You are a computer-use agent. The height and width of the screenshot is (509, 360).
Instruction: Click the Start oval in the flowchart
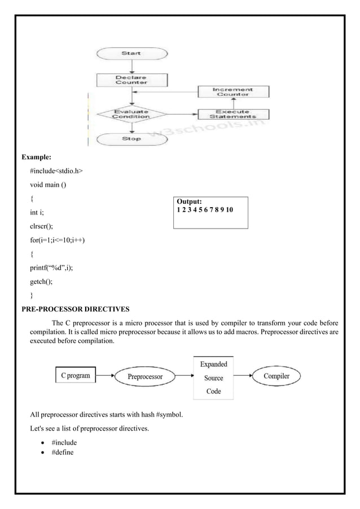[131, 54]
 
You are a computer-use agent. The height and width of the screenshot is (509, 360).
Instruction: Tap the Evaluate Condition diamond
[131, 113]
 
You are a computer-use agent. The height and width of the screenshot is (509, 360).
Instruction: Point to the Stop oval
[131, 138]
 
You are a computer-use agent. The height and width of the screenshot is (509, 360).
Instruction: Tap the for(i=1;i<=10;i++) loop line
[58, 240]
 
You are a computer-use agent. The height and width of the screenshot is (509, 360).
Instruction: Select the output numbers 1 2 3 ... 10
[204, 210]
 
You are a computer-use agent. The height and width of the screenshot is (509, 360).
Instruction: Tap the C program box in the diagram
[75, 375]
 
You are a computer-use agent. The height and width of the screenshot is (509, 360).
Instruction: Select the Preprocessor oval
[145, 376]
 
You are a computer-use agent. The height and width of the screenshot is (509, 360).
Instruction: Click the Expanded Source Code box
[213, 378]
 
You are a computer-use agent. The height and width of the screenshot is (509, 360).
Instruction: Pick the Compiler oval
[277, 376]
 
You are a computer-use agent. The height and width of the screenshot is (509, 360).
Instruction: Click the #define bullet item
[64, 452]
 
